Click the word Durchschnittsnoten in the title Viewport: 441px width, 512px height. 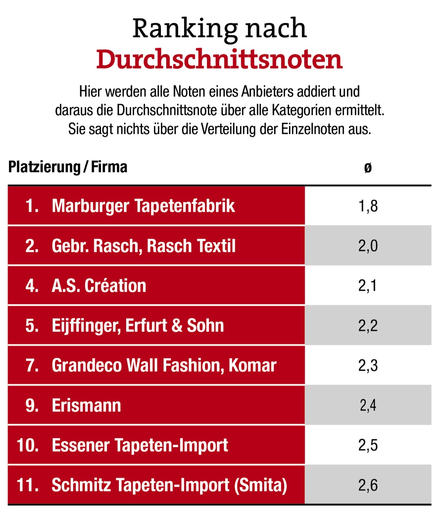tap(219, 60)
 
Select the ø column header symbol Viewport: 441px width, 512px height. tap(368, 167)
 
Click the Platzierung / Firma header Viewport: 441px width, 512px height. tap(68, 167)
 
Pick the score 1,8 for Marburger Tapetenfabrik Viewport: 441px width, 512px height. tap(368, 206)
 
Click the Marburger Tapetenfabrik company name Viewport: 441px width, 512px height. tap(143, 206)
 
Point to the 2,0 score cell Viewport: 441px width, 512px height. tap(368, 246)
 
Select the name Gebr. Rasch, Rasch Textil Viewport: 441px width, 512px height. tap(143, 246)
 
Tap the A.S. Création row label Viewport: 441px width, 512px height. tap(99, 285)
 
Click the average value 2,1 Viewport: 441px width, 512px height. tap(367, 285)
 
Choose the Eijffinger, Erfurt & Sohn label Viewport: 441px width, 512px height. tap(138, 326)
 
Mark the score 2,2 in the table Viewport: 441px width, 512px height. tap(368, 326)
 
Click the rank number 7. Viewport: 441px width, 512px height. tap(32, 365)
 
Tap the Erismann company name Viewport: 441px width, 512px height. tap(86, 405)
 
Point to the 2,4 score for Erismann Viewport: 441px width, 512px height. tap(368, 405)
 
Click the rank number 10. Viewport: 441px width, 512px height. tap(28, 445)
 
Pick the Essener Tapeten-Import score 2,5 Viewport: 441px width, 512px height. tap(368, 445)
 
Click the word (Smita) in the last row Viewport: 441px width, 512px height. tap(261, 485)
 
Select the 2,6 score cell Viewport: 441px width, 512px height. tap(368, 485)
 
